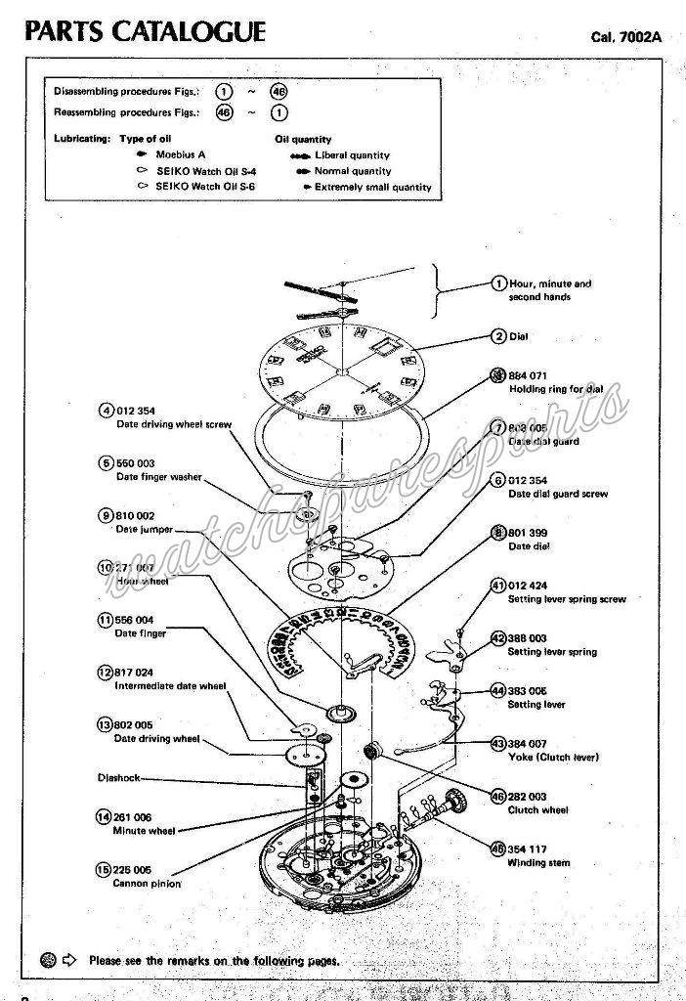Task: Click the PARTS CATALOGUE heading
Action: (146, 32)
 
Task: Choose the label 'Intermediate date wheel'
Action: (171, 686)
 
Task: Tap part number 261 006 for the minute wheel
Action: (133, 816)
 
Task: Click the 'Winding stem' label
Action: (538, 862)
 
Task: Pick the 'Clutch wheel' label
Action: (536, 810)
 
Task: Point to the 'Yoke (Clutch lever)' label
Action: (553, 758)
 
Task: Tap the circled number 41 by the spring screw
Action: (498, 586)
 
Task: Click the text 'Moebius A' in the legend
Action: (181, 154)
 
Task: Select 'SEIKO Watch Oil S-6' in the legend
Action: (205, 186)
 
